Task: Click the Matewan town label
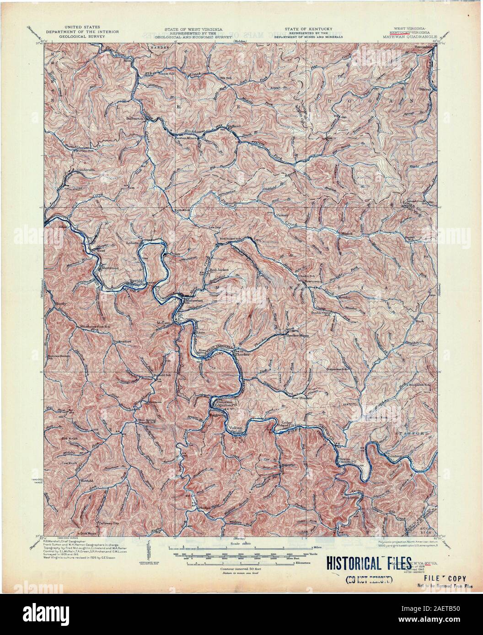tap(192, 301)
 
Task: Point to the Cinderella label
tap(86, 169)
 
